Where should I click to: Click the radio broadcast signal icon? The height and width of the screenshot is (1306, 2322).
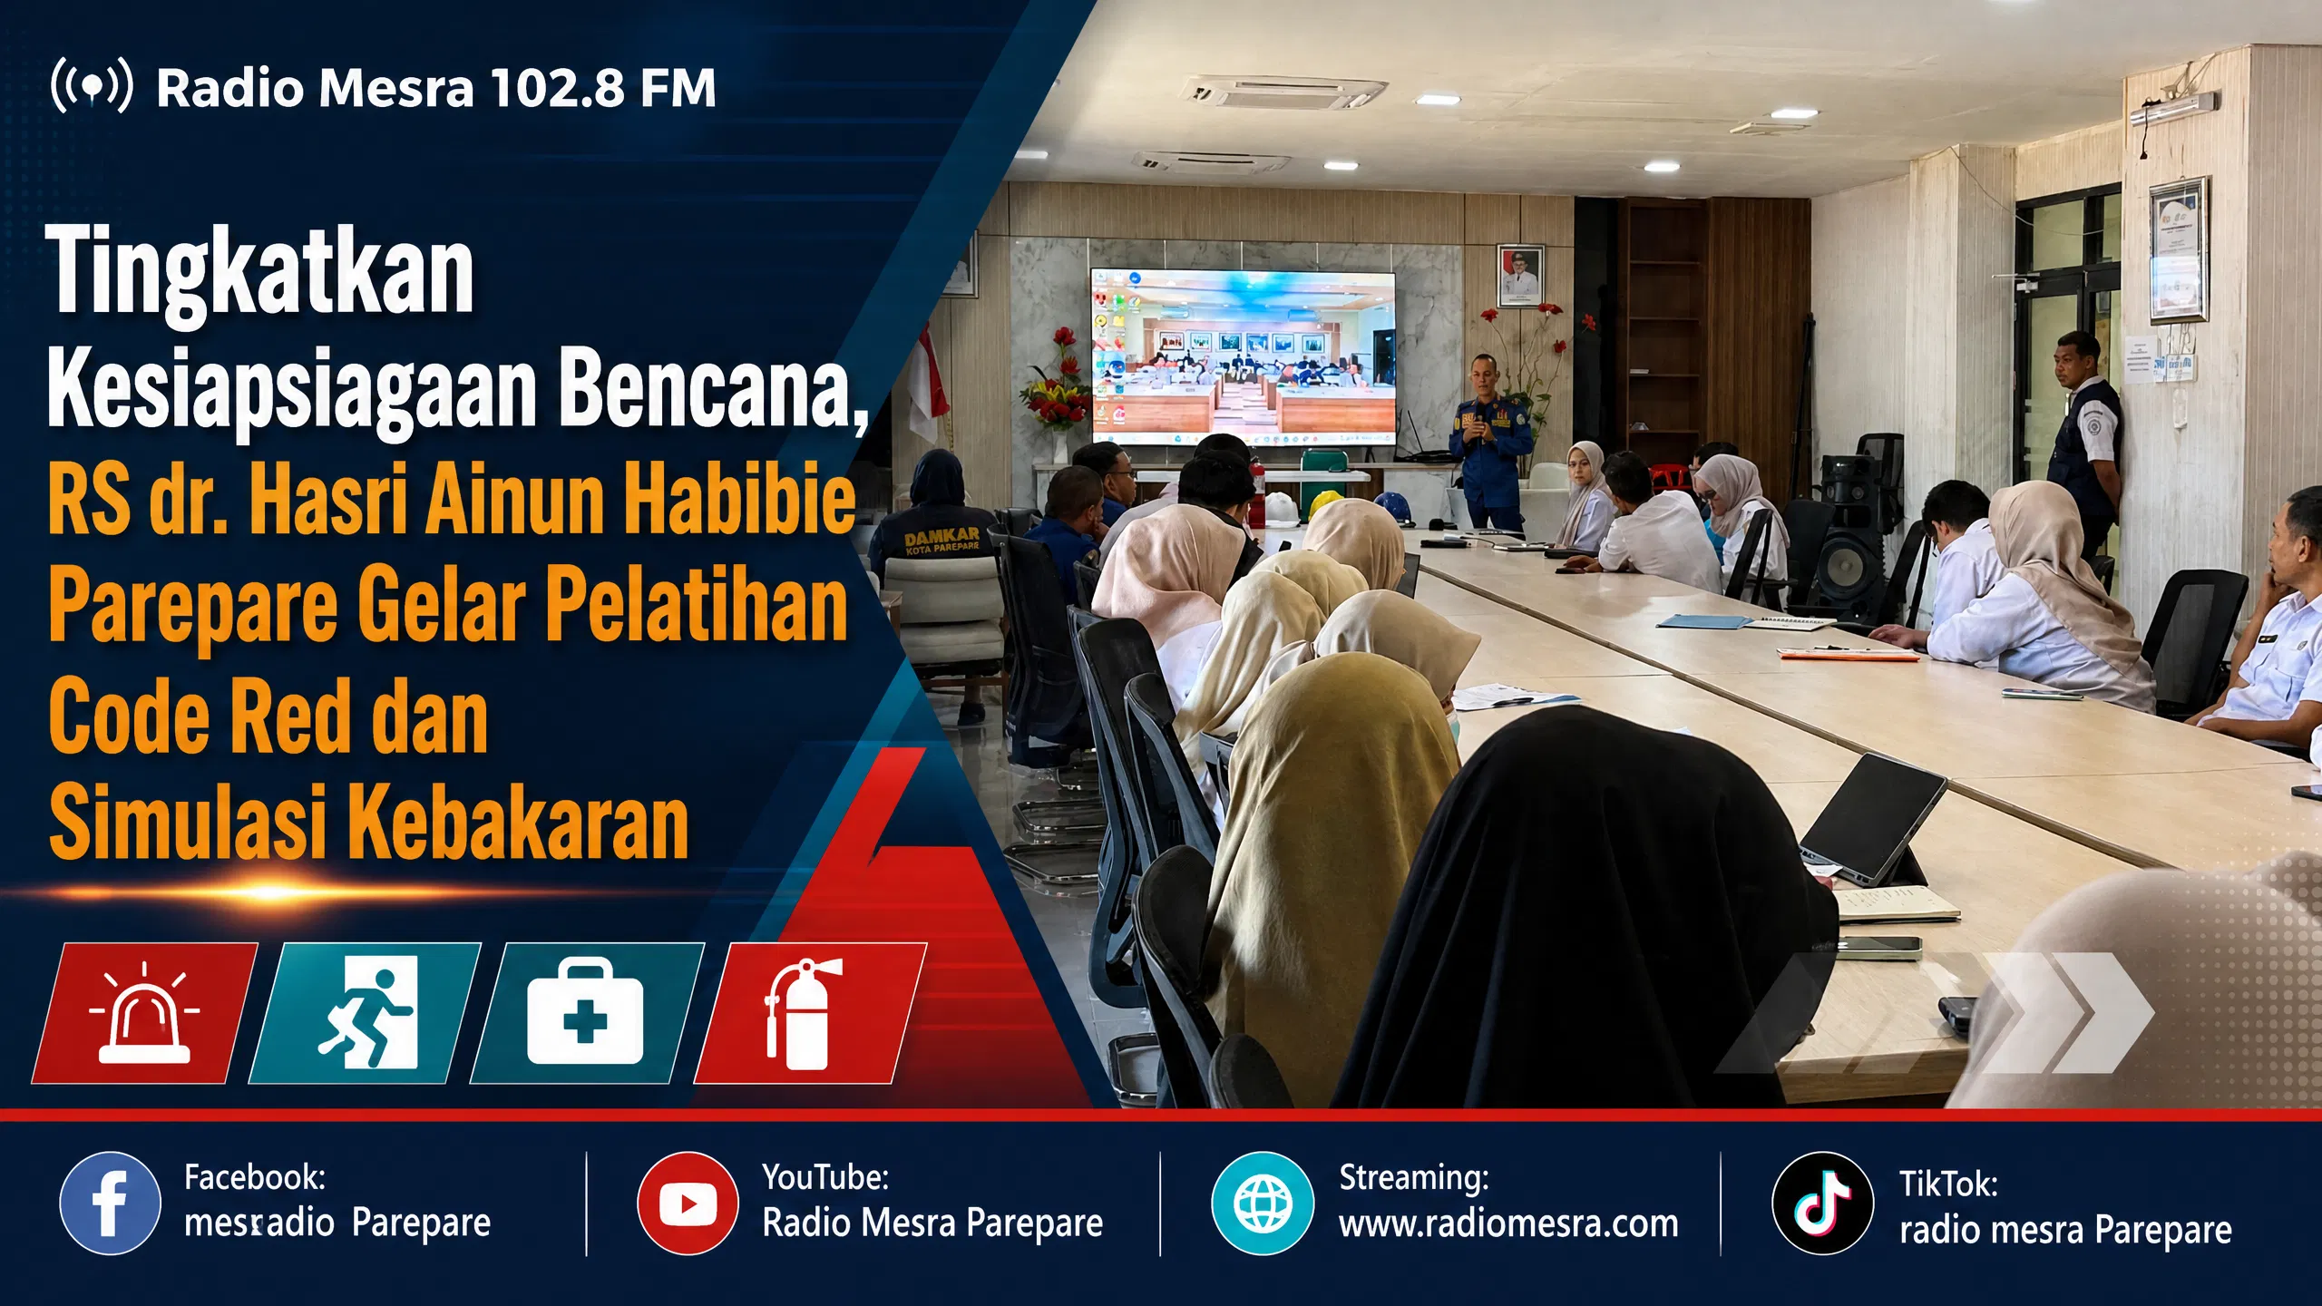(92, 86)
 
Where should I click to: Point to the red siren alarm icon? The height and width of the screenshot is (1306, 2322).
(144, 1014)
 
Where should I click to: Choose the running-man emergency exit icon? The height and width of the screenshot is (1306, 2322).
(366, 1012)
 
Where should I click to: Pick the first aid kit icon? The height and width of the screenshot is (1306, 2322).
(585, 1010)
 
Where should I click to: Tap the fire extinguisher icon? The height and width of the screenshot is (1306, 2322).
(803, 1014)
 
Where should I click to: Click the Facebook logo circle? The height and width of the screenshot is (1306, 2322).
(110, 1204)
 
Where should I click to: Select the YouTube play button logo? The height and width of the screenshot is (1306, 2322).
(688, 1204)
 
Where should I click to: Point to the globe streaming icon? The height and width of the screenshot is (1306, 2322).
(1263, 1204)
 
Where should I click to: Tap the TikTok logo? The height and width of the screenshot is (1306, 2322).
(1823, 1204)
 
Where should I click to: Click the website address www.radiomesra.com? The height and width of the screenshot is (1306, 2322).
(1508, 1224)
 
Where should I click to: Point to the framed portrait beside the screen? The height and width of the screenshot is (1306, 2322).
(1520, 276)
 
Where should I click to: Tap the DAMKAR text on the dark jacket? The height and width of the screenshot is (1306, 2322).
(941, 538)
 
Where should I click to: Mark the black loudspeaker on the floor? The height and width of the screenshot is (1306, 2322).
(1854, 535)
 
